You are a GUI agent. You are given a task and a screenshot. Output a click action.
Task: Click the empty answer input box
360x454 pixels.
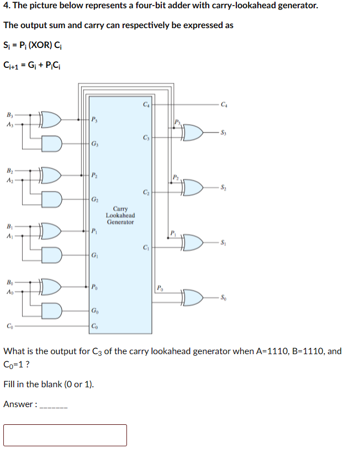click(x=65, y=435)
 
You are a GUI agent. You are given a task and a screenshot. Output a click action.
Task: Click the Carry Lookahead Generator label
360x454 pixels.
click(x=120, y=215)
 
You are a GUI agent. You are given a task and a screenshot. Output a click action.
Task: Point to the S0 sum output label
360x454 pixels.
click(x=223, y=298)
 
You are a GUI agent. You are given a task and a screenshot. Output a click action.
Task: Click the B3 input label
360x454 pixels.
click(x=9, y=115)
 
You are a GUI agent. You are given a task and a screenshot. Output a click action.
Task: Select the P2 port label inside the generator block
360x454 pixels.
click(x=96, y=175)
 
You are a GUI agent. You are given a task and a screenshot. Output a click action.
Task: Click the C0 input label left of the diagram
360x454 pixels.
click(x=9, y=326)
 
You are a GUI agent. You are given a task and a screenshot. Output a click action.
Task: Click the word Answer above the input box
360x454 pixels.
click(x=18, y=404)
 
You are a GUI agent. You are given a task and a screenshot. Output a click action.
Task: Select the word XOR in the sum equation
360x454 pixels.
click(x=37, y=45)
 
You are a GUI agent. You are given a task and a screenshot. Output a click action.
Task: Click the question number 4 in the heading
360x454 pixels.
click(x=6, y=6)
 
